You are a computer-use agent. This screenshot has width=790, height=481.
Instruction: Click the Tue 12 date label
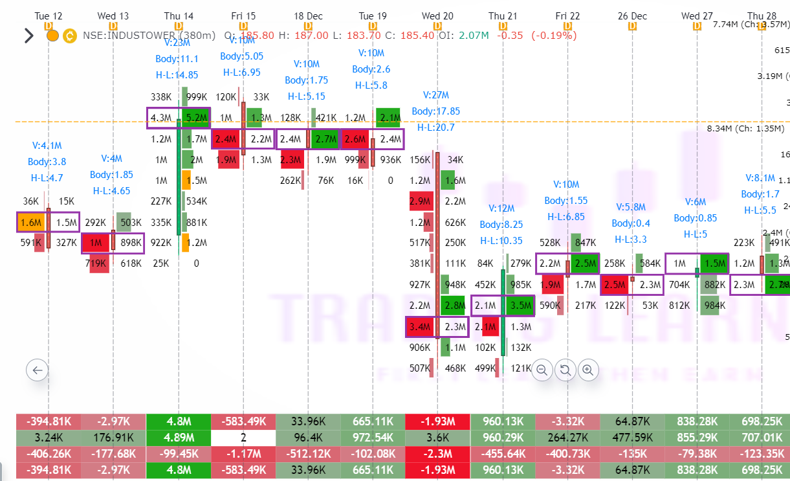(49, 16)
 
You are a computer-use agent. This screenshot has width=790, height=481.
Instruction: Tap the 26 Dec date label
(631, 16)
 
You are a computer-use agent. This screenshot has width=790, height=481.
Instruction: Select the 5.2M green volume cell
(195, 118)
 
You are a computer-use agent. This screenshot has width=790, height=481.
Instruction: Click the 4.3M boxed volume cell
(161, 118)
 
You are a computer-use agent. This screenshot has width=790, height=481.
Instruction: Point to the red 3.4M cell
(420, 327)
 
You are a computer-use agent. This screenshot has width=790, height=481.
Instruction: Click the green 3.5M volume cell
(518, 306)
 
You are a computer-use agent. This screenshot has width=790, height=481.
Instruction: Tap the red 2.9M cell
(420, 202)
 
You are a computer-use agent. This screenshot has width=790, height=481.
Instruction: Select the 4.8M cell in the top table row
(179, 421)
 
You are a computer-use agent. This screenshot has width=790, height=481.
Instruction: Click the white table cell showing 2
(243, 437)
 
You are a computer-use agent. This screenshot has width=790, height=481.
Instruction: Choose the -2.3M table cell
(437, 452)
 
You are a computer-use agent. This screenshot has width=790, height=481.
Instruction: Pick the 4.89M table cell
(179, 437)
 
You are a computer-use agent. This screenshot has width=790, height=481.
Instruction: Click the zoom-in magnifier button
(587, 370)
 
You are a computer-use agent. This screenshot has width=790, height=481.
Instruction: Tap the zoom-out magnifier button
(542, 370)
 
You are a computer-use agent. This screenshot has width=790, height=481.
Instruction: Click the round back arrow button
(37, 370)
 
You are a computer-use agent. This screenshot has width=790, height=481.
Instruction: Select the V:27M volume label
(437, 95)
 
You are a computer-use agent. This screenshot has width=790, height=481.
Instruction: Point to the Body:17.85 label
(436, 111)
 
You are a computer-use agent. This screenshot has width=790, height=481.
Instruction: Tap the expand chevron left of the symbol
(28, 35)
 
